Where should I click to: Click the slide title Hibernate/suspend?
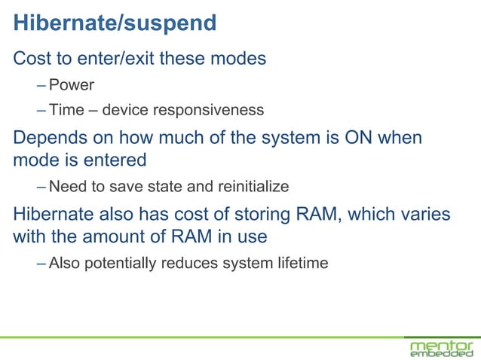(115, 23)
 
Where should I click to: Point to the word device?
(126, 111)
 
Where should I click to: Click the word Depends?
(48, 138)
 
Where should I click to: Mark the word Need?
(66, 185)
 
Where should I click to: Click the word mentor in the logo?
(441, 343)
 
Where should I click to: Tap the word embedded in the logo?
(441, 354)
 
